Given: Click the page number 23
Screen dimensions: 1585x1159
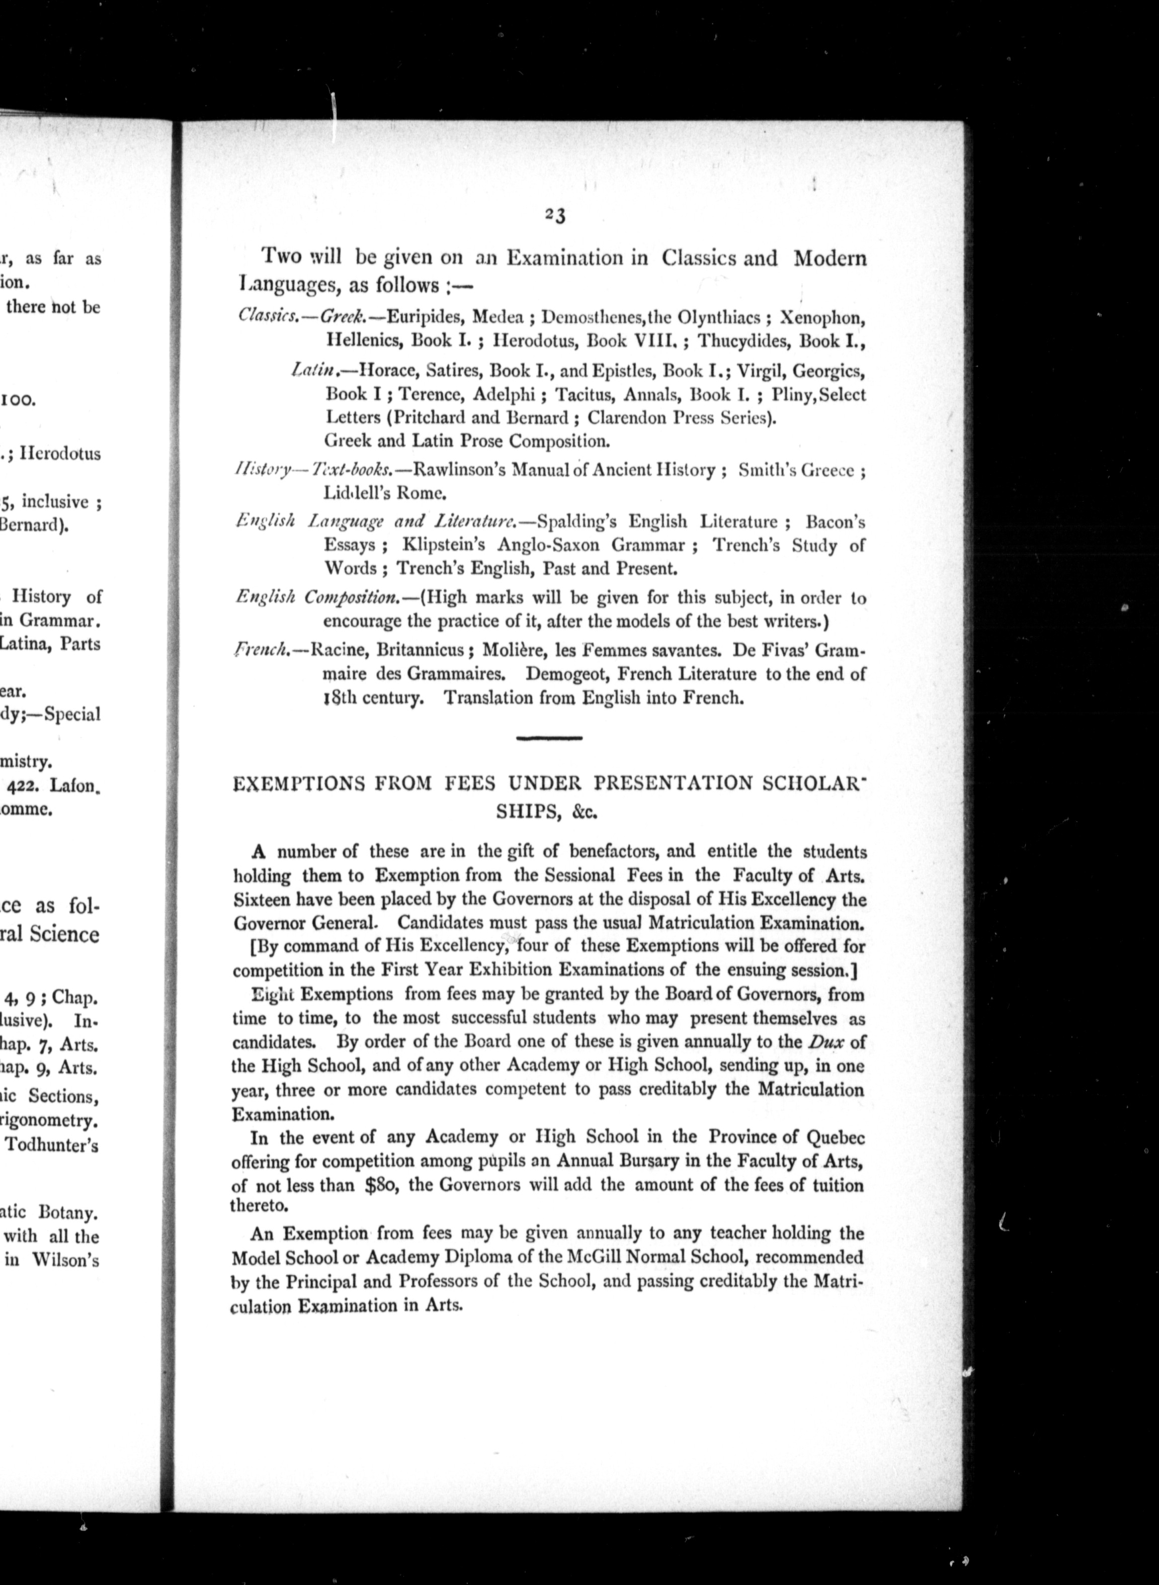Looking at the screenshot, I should (x=555, y=216).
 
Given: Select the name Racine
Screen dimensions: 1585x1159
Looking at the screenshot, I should (x=339, y=649).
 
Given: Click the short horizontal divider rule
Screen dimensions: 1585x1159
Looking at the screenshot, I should (x=549, y=738).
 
